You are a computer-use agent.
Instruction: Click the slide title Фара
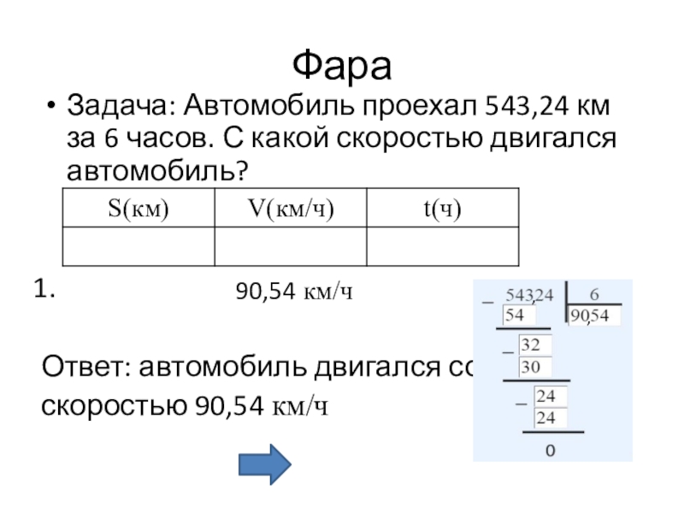pyautogui.click(x=341, y=63)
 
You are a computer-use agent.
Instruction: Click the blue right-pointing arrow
pyautogui.click(x=264, y=464)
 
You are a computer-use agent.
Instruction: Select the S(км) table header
pyautogui.click(x=138, y=208)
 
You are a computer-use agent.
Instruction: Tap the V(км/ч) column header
pyautogui.click(x=291, y=208)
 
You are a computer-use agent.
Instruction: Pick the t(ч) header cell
pyautogui.click(x=441, y=208)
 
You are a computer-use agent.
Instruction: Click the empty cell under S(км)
pyautogui.click(x=138, y=246)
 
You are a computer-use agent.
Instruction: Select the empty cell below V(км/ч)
pyautogui.click(x=291, y=246)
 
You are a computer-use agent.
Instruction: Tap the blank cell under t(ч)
pyautogui.click(x=441, y=246)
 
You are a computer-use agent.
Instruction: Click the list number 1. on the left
pyautogui.click(x=44, y=291)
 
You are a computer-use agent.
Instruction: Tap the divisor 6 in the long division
pyautogui.click(x=594, y=295)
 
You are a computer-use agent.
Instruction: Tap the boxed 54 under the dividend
pyautogui.click(x=516, y=315)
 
